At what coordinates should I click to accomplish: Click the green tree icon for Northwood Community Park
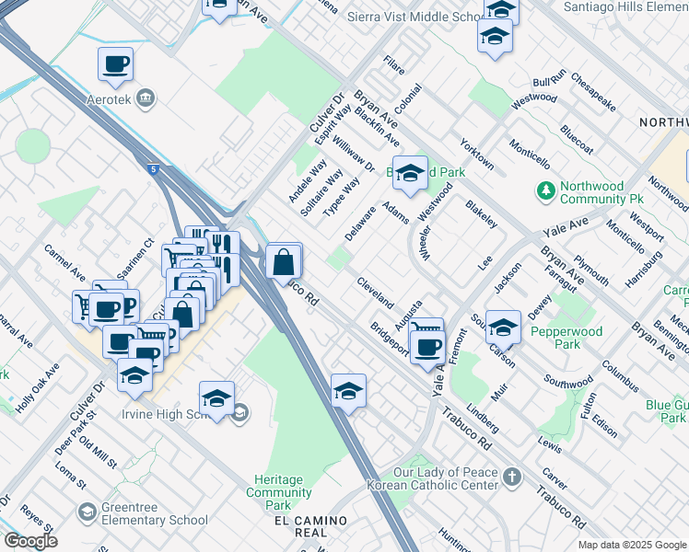pos(546,190)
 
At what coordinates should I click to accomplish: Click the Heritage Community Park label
pos(278,492)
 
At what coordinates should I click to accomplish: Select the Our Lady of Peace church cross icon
pos(512,477)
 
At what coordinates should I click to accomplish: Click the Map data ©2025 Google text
pos(632,545)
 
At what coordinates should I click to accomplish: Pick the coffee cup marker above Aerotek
pos(116,64)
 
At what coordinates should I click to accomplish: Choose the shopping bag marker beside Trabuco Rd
pos(284,262)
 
